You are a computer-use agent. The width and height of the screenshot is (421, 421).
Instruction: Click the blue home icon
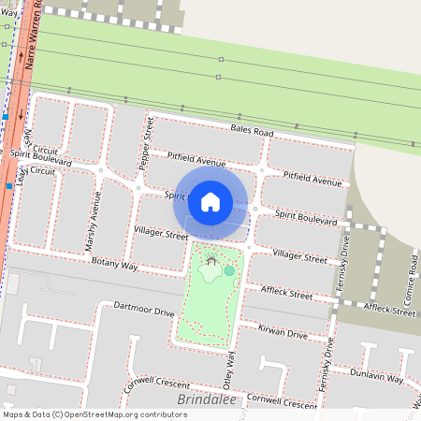[210, 201]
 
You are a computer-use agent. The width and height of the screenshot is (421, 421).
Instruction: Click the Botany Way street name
[115, 266]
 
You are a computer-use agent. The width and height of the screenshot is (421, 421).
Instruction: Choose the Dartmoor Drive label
[143, 309]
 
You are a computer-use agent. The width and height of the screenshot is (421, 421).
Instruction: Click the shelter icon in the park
[212, 261]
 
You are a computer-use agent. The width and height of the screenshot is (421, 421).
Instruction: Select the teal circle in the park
[229, 270]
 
